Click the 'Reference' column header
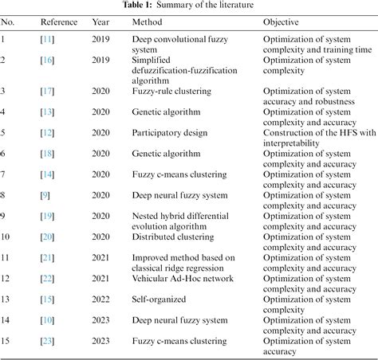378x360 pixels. click(x=58, y=22)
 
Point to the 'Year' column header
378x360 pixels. click(x=100, y=22)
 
